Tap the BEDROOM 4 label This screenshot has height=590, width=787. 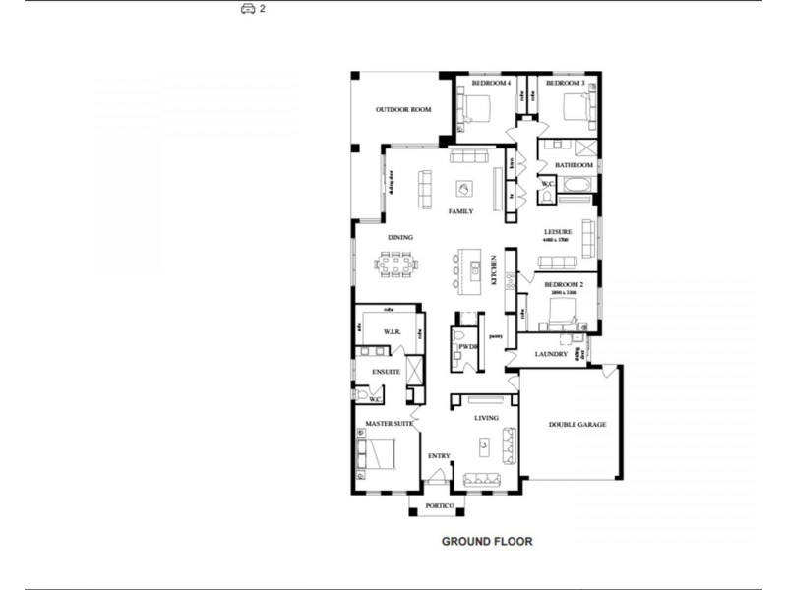pyautogui.click(x=491, y=84)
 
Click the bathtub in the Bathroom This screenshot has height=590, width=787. pyautogui.click(x=575, y=185)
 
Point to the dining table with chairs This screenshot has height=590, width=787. pyautogui.click(x=394, y=264)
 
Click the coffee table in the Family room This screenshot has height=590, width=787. pyautogui.click(x=463, y=188)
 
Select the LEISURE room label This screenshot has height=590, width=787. pyautogui.click(x=559, y=232)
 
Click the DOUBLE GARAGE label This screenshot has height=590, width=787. pyautogui.click(x=577, y=425)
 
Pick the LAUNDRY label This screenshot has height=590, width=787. pyautogui.click(x=551, y=354)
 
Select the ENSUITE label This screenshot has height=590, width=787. pyautogui.click(x=386, y=372)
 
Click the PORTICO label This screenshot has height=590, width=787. pyautogui.click(x=439, y=506)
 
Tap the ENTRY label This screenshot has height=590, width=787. pyautogui.click(x=439, y=455)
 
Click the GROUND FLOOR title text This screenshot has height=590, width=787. pyautogui.click(x=486, y=541)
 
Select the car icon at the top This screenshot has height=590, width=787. pyautogui.click(x=248, y=9)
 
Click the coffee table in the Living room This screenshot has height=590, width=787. pyautogui.click(x=483, y=447)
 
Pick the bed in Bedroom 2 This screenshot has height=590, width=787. pyautogui.click(x=556, y=315)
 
